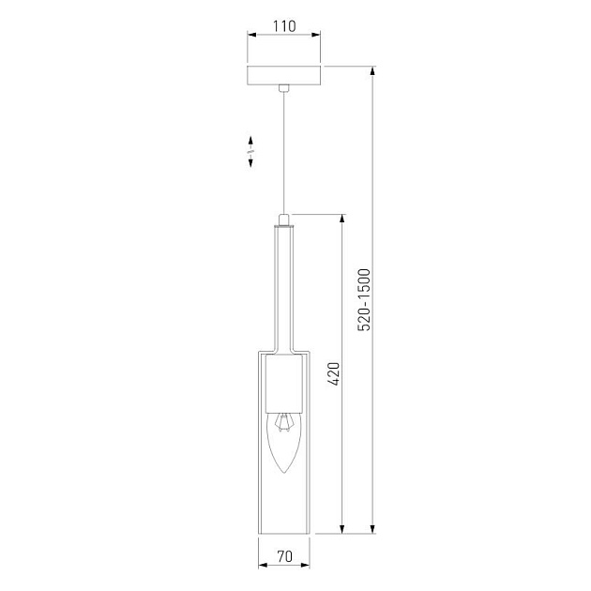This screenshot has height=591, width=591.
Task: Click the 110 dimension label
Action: (284, 26)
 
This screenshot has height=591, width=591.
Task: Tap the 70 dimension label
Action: (284, 556)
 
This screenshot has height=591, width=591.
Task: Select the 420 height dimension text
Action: (334, 374)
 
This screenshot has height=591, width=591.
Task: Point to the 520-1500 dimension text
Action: (364, 299)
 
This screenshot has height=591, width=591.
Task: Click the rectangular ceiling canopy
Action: (284, 75)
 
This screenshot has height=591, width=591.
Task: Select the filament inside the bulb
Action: (283, 422)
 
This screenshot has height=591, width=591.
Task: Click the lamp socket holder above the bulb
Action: (284, 384)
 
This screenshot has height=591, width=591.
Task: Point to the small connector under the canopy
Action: (284, 88)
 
